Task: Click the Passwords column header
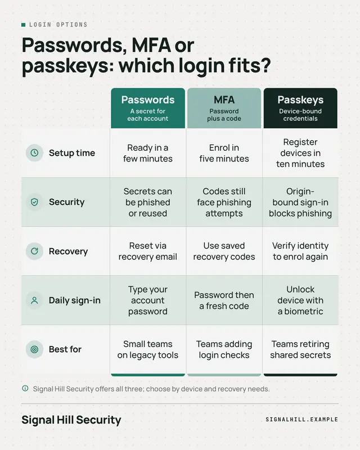148,108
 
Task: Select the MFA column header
224,108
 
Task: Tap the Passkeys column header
300,108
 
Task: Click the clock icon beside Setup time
34,152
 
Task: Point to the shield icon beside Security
34,202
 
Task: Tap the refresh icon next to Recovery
34,251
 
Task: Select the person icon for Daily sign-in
34,300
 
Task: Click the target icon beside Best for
34,349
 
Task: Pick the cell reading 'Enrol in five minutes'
224,153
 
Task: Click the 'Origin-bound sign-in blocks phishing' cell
300,202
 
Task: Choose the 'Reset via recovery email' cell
148,251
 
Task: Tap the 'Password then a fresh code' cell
224,300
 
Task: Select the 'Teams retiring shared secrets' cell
300,349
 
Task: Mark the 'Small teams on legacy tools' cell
148,349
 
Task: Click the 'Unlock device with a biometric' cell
300,300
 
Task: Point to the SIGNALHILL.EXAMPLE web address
301,419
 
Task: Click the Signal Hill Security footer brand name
71,420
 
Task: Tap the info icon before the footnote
25,389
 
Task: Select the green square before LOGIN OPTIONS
24,25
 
